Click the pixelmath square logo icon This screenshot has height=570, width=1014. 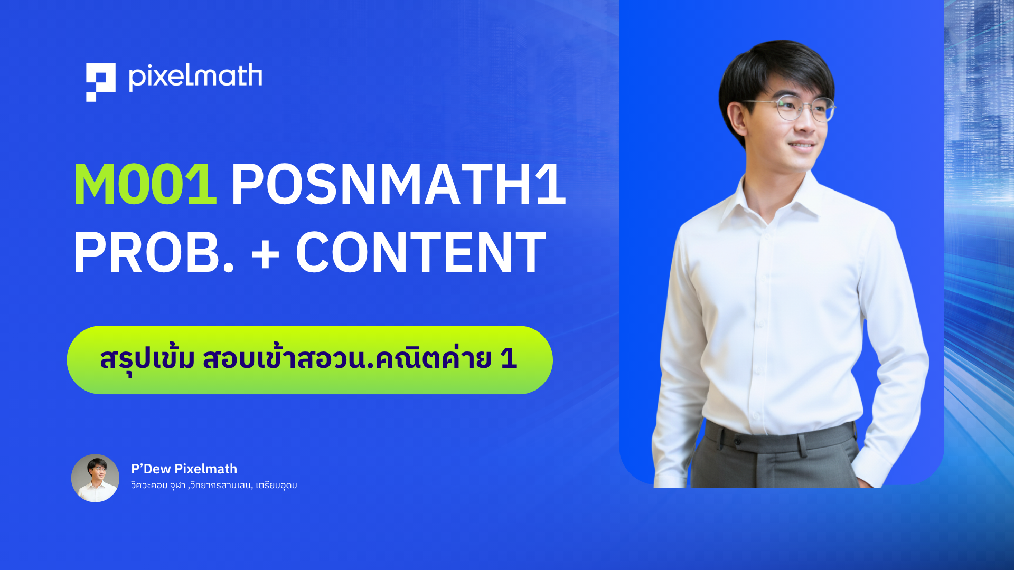click(x=101, y=82)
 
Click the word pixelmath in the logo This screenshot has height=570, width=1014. click(x=195, y=77)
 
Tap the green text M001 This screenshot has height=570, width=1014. click(x=145, y=184)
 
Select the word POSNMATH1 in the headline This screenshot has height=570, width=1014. click(x=398, y=184)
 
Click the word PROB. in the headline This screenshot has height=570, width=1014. click(x=154, y=252)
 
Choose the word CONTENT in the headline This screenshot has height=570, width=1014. click(x=421, y=252)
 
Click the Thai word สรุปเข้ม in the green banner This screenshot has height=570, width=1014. click(x=147, y=359)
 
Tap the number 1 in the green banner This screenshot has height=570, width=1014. click(x=508, y=358)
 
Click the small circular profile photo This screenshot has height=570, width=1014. click(x=95, y=478)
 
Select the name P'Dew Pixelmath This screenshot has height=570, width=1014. click(x=184, y=469)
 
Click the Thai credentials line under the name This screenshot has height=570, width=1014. click(x=214, y=485)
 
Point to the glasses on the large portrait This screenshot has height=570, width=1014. click(x=790, y=108)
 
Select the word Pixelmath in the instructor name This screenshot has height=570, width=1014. click(x=205, y=469)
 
